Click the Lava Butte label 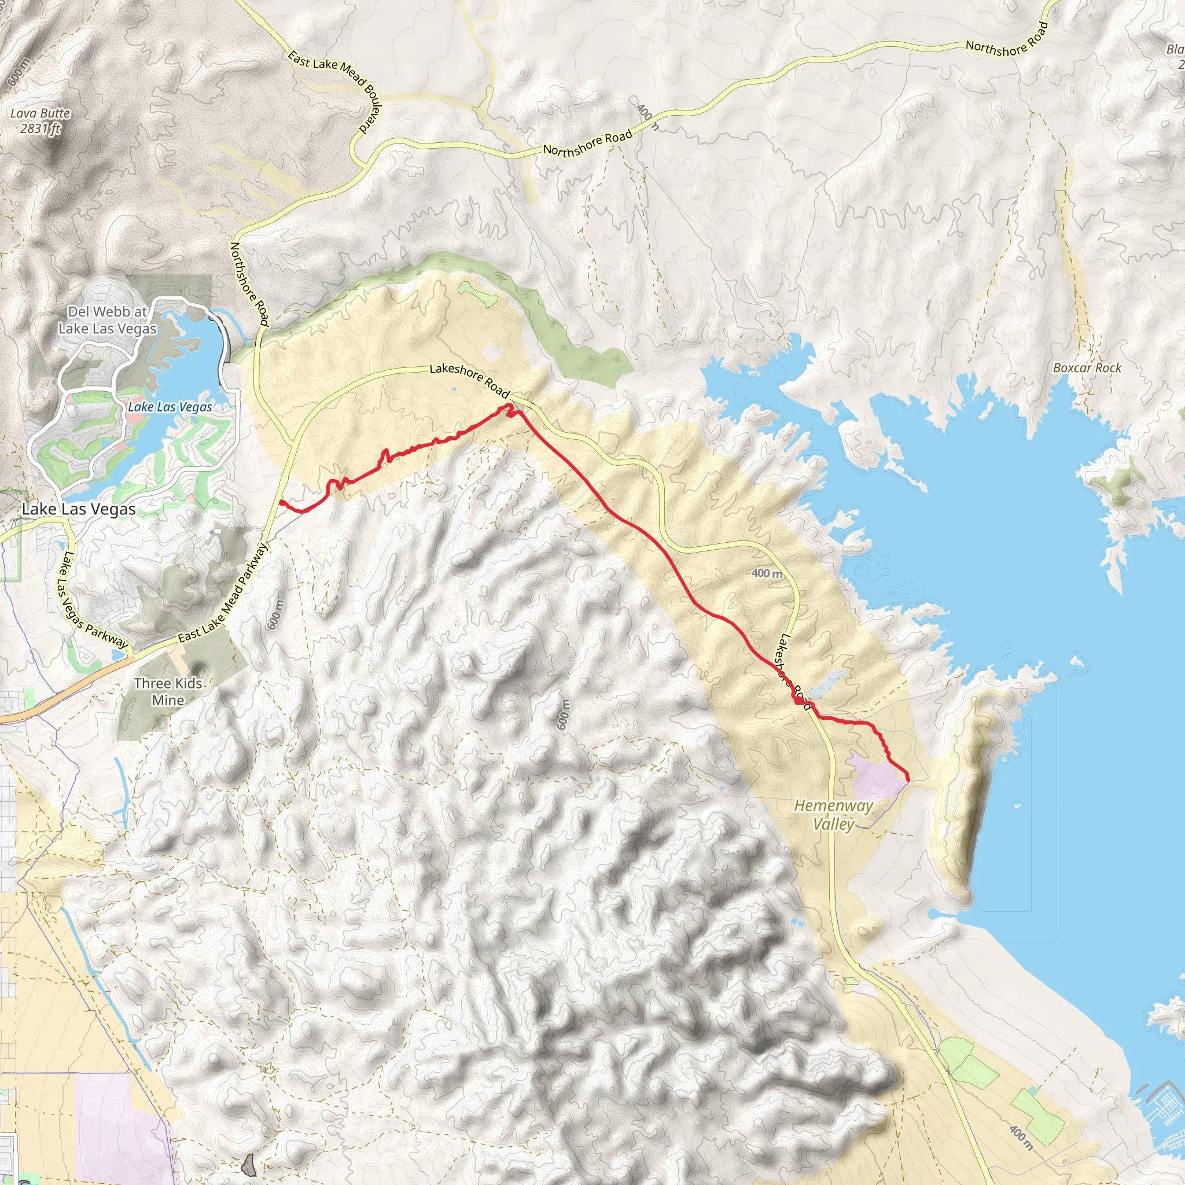point(41,113)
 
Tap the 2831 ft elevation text point(41,128)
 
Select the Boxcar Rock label point(1087,368)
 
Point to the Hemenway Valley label point(834,815)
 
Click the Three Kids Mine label point(168,691)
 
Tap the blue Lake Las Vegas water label point(170,407)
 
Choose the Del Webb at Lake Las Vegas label point(108,319)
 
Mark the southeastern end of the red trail point(908,780)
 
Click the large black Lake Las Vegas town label point(79,509)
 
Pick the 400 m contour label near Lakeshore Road point(767,573)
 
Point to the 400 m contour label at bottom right point(1020,1138)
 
